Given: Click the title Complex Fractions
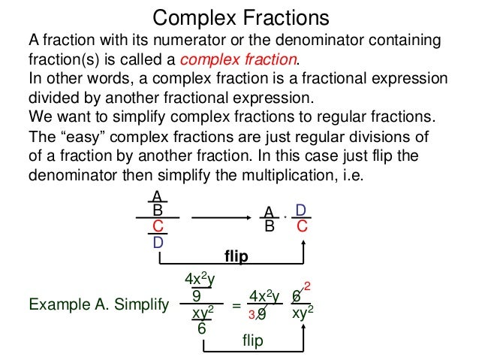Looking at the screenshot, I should [240, 17].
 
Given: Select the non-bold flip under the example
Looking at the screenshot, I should [252, 340].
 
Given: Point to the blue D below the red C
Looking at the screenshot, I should [158, 243].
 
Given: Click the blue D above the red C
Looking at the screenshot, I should [300, 210].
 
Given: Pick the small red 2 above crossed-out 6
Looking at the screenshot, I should [307, 286].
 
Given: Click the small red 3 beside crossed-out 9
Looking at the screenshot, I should [253, 316].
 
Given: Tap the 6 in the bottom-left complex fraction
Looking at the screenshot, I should [202, 328].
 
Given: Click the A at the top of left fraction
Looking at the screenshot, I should [157, 196].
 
